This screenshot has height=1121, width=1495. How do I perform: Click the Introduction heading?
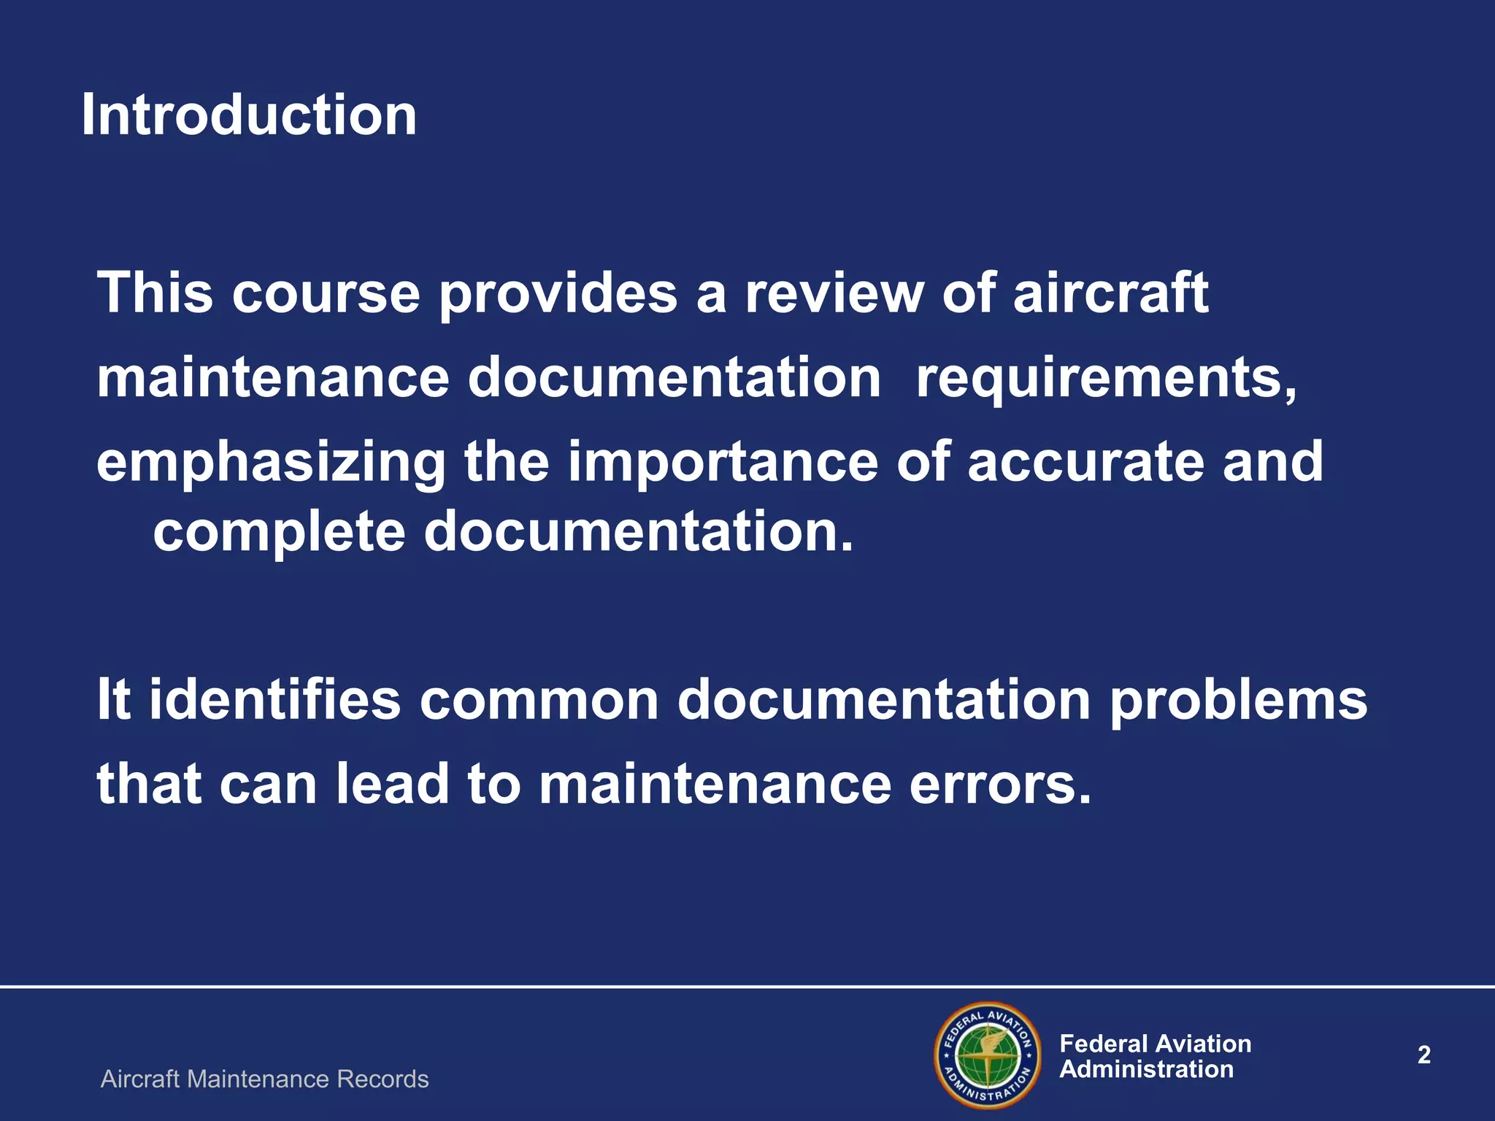(x=249, y=115)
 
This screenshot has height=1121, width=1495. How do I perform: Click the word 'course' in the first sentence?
(x=326, y=293)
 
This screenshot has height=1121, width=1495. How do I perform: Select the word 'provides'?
(x=558, y=293)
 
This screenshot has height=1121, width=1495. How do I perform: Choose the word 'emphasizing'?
(x=271, y=463)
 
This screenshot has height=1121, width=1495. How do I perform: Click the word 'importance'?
(x=723, y=463)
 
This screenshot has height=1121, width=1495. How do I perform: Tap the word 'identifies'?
(x=275, y=699)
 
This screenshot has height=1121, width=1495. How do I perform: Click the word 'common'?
(x=539, y=699)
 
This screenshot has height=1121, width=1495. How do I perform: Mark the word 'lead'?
(x=392, y=785)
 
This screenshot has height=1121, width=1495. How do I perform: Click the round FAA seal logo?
(x=988, y=1055)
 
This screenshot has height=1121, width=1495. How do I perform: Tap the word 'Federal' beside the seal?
(x=1102, y=1044)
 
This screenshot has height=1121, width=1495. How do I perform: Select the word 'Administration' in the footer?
(x=1146, y=1069)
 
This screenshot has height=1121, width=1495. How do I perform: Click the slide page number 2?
(x=1423, y=1055)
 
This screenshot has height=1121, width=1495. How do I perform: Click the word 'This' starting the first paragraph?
(x=155, y=293)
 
